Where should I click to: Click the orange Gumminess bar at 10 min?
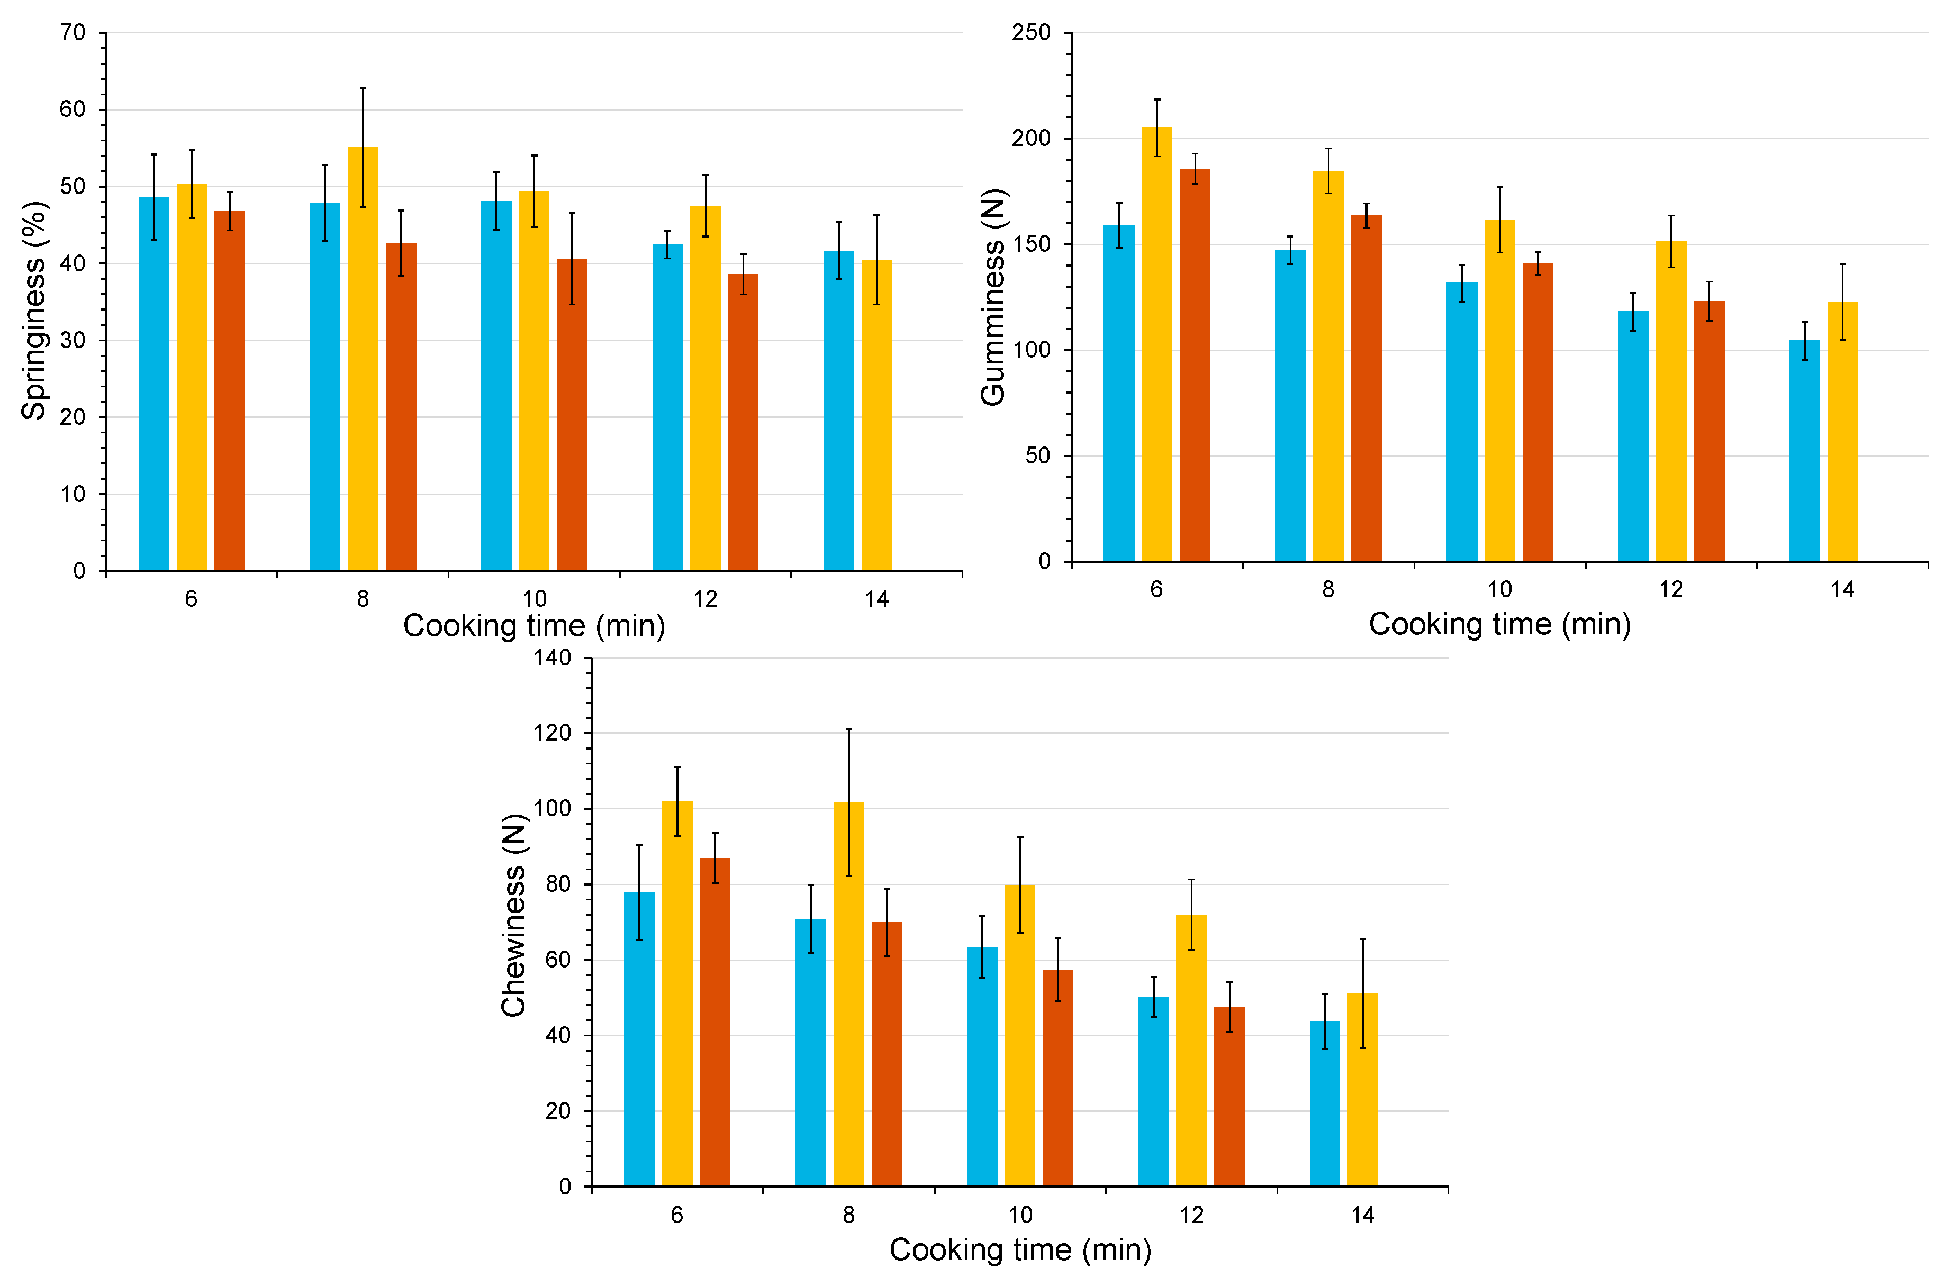coord(1536,413)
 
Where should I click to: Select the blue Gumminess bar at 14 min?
coord(1804,451)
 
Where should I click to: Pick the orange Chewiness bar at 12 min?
coord(1228,1097)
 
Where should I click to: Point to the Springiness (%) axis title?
coord(34,311)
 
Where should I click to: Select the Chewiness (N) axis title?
coord(513,915)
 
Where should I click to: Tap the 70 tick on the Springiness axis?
coord(73,33)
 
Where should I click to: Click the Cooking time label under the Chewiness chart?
coord(1020,1249)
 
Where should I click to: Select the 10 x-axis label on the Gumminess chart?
coord(1499,589)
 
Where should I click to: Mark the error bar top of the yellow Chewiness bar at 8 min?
coord(848,729)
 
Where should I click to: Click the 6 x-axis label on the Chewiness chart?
coord(677,1215)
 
